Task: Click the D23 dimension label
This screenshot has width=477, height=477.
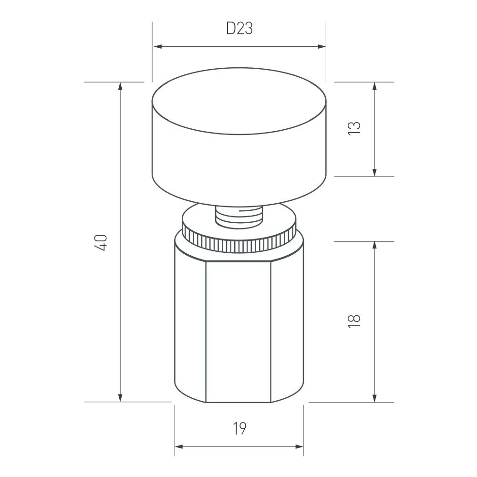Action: coord(239,29)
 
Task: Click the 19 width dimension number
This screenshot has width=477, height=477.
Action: coord(239,429)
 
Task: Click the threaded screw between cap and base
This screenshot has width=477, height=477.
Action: coord(238,217)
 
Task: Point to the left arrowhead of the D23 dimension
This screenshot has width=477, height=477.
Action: coord(156,47)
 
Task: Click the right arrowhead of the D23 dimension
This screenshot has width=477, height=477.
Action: coord(322,47)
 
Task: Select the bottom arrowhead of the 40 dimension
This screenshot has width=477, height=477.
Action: coord(120,398)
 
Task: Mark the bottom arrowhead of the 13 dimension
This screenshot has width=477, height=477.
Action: coord(374,172)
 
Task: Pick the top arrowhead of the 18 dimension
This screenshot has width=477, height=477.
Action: coord(374,245)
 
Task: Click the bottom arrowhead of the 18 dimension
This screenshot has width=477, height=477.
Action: coord(374,398)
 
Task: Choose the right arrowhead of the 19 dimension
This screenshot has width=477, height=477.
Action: coord(299,447)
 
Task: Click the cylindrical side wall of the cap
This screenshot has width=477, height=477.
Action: coord(238,162)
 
